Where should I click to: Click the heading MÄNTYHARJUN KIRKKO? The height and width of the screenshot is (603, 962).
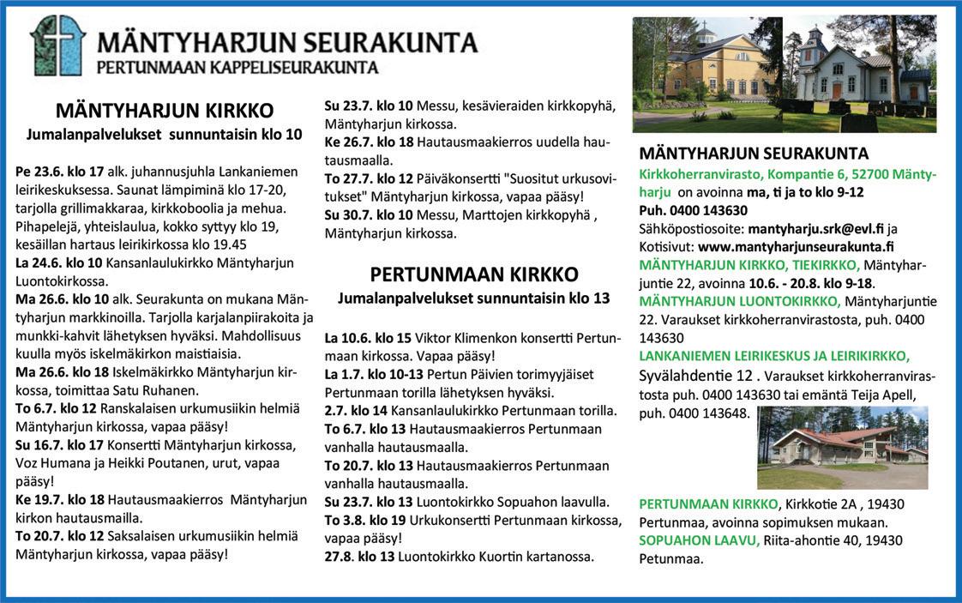[165, 111]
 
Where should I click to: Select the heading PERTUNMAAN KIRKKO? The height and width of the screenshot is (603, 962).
[474, 274]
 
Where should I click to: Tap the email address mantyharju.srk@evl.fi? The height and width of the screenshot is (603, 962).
[815, 229]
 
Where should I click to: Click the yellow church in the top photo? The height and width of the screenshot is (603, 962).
[707, 67]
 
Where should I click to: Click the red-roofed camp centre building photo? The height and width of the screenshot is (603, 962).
[842, 447]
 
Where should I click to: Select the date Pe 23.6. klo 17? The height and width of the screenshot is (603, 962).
[60, 171]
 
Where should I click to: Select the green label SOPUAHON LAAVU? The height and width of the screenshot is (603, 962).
[699, 540]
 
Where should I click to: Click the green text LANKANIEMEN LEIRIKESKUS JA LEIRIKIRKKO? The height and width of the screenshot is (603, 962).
[774, 355]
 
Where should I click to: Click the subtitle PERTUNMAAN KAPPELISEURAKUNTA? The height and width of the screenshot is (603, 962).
[237, 66]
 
